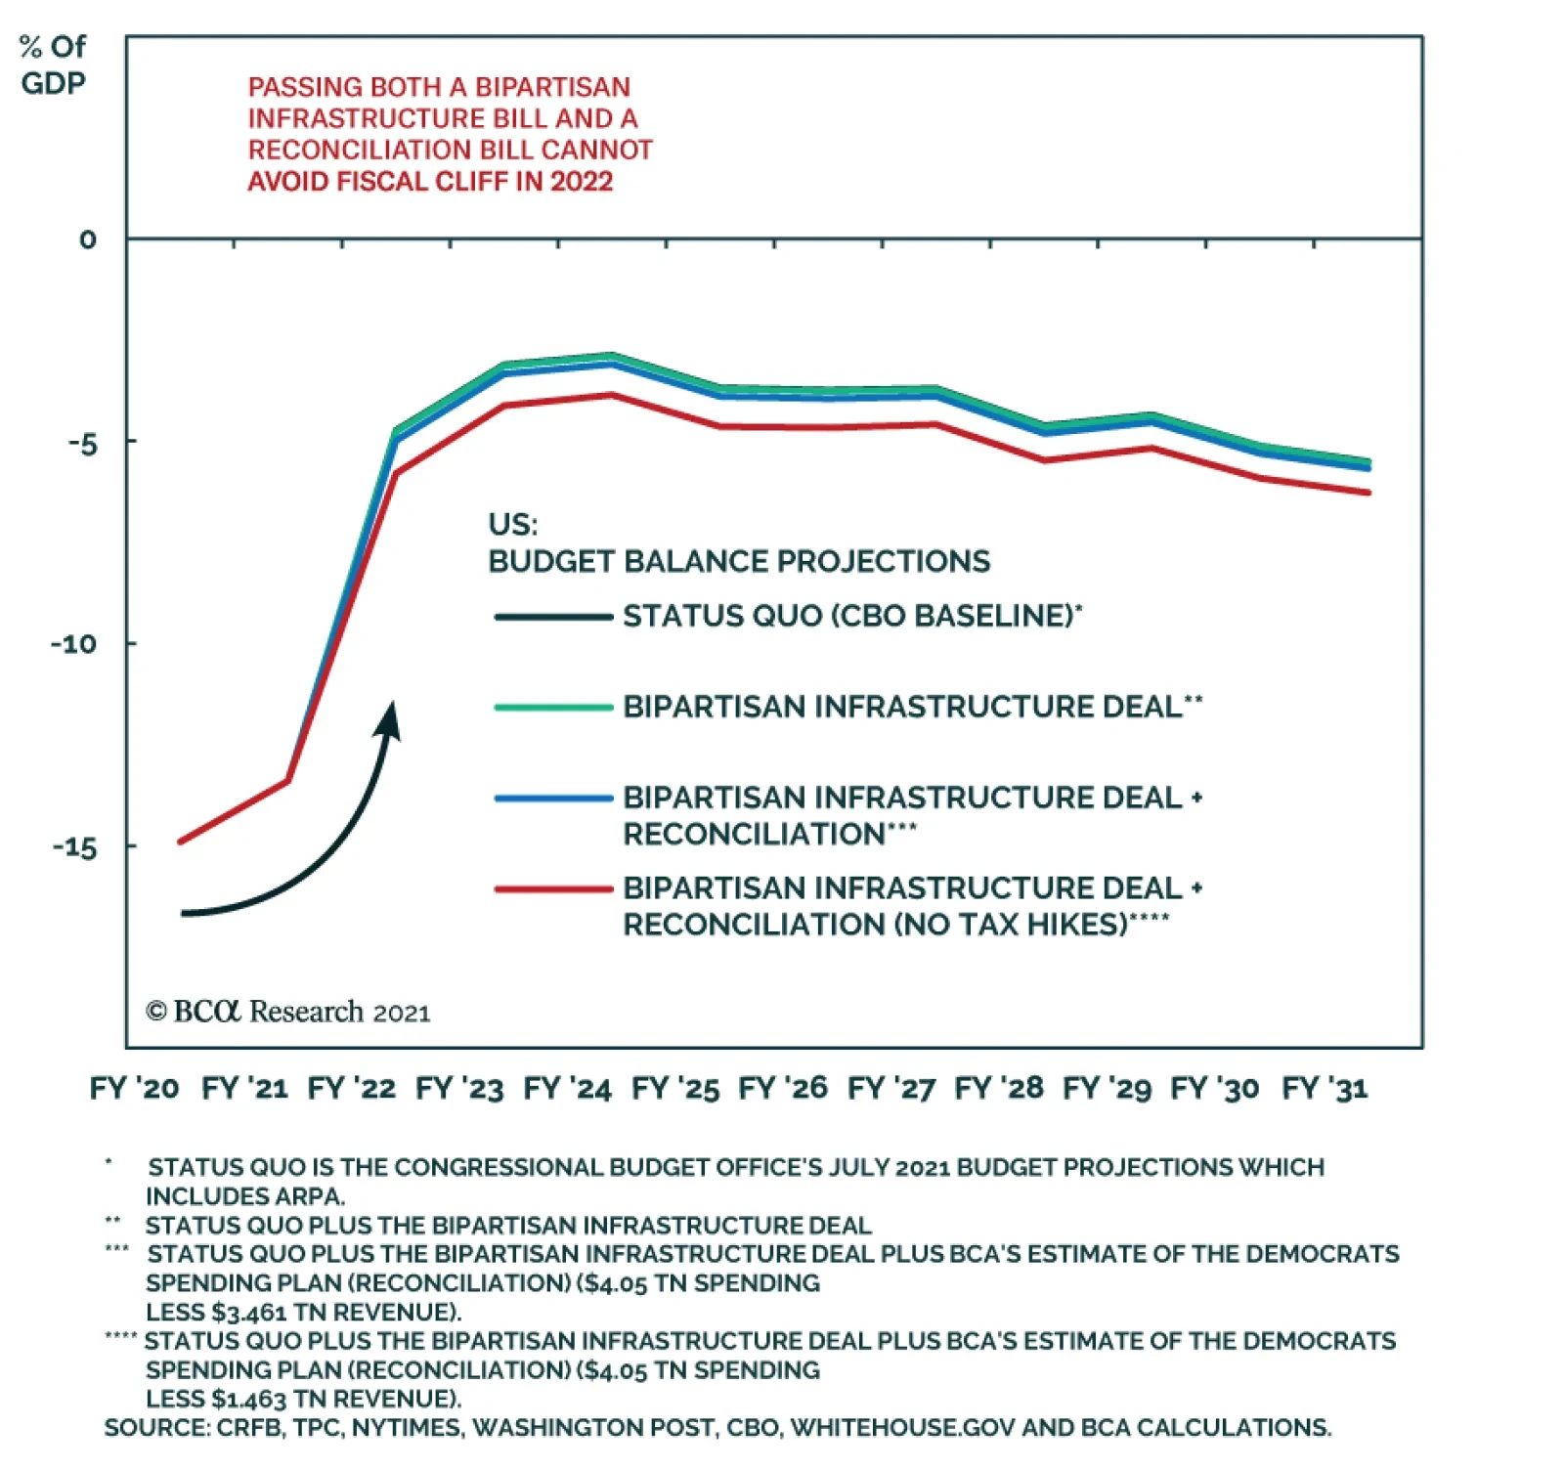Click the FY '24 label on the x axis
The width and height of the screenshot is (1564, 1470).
[x=567, y=1088]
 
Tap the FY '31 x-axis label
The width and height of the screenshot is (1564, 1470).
[x=1325, y=1088]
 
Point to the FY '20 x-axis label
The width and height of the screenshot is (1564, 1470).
[x=134, y=1088]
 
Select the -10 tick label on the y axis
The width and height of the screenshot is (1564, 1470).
[x=73, y=644]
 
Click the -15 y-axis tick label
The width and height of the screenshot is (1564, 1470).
[x=74, y=847]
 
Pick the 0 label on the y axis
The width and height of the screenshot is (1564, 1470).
[x=88, y=239]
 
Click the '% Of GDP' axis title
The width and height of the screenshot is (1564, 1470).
[x=53, y=65]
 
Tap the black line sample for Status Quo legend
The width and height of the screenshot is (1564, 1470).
[x=553, y=617]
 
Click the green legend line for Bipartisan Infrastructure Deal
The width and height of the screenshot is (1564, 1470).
[x=553, y=707]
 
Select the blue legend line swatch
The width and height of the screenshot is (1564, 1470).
[x=553, y=799]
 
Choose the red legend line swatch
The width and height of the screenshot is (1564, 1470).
[x=553, y=889]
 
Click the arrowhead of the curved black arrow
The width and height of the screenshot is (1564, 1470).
[x=390, y=718]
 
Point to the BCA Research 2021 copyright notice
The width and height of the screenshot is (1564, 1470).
[x=287, y=1012]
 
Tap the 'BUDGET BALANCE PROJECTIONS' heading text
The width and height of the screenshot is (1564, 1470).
[x=739, y=561]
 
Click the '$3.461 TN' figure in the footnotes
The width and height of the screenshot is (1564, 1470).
[x=250, y=1312]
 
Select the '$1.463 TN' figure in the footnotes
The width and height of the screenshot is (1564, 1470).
[x=250, y=1399]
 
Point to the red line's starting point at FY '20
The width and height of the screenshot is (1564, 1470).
[x=180, y=842]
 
